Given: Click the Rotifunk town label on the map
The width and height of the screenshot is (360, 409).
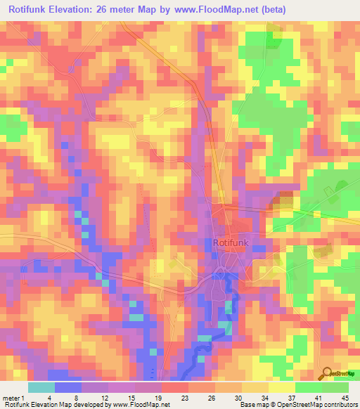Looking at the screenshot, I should point(230,242).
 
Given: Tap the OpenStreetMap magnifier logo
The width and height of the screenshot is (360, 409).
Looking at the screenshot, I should point(326,374).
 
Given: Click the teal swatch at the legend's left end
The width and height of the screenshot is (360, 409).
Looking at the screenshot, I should point(41,387).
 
